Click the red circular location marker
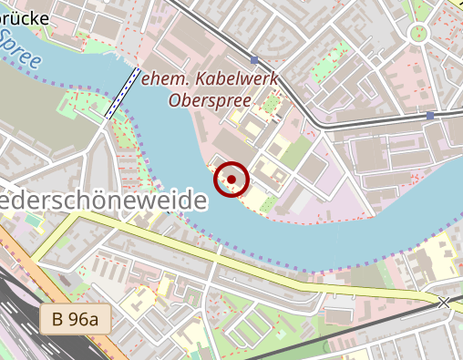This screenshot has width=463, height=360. pyautogui.click(x=231, y=180)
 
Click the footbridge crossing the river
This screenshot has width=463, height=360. pyautogui.click(x=122, y=93)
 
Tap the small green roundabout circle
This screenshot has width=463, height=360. pyautogui.click(x=418, y=34)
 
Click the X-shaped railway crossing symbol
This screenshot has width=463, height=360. pyautogui.click(x=444, y=303)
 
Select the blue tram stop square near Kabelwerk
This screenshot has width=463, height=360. pyautogui.click(x=254, y=60)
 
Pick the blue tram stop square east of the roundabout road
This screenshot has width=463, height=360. pyautogui.click(x=429, y=116)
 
